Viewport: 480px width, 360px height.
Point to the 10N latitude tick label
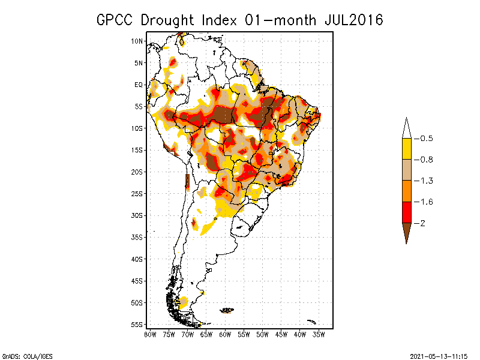[137, 41]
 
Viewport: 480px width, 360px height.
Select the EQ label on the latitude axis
[138, 85]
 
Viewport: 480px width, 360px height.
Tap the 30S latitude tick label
[137, 215]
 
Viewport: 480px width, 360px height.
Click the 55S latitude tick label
[137, 325]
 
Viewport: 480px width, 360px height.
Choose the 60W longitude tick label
[225, 334]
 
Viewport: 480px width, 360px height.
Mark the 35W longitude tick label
[319, 334]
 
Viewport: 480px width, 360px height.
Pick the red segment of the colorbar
[406, 212]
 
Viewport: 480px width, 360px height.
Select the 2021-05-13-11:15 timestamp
[439, 355]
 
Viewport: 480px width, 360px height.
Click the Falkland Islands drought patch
[227, 310]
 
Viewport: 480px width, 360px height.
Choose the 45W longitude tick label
[281, 334]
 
